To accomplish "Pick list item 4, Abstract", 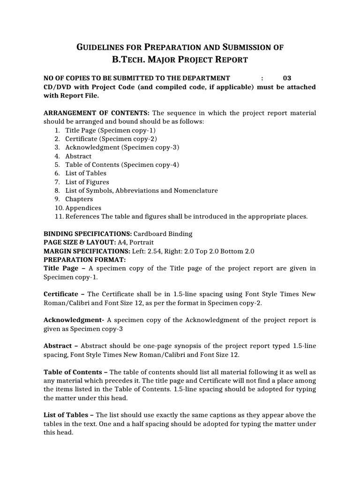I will point(78,156).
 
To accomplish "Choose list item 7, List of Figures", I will point(87,182).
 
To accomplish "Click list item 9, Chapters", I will point(79,199).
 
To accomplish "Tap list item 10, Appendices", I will point(83,208).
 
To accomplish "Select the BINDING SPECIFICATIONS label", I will point(88,234).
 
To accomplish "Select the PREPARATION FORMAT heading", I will point(84,260).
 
